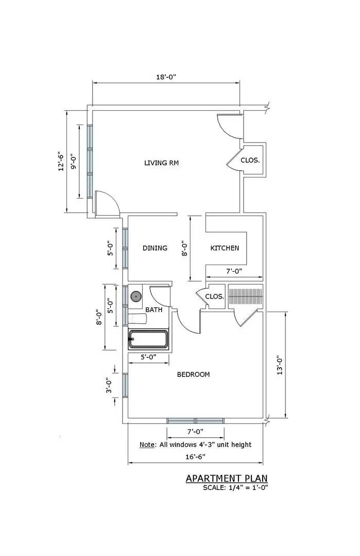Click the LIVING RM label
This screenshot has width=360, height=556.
pyautogui.click(x=161, y=163)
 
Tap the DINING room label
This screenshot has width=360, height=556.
pyautogui.click(x=155, y=248)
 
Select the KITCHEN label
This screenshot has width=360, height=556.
pyautogui.click(x=225, y=248)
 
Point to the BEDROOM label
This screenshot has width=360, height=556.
pyautogui.click(x=193, y=375)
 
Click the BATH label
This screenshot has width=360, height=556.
pyautogui.click(x=153, y=310)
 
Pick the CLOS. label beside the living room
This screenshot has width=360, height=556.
pyautogui.click(x=250, y=161)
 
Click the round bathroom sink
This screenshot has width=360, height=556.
pyautogui.click(x=136, y=296)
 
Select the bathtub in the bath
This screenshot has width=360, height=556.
pyautogui.click(x=148, y=339)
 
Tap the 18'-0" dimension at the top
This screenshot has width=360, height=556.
pyautogui.click(x=166, y=77)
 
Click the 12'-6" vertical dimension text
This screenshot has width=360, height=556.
pyautogui.click(x=61, y=161)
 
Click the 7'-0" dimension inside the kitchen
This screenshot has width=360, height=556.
pyautogui.click(x=227, y=271)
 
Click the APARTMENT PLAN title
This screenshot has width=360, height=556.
pyautogui.click(x=227, y=479)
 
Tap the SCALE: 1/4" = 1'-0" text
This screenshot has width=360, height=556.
pyautogui.click(x=235, y=488)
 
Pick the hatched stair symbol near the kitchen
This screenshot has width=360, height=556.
pyautogui.click(x=246, y=297)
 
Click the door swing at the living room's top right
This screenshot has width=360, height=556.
pyautogui.click(x=227, y=124)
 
